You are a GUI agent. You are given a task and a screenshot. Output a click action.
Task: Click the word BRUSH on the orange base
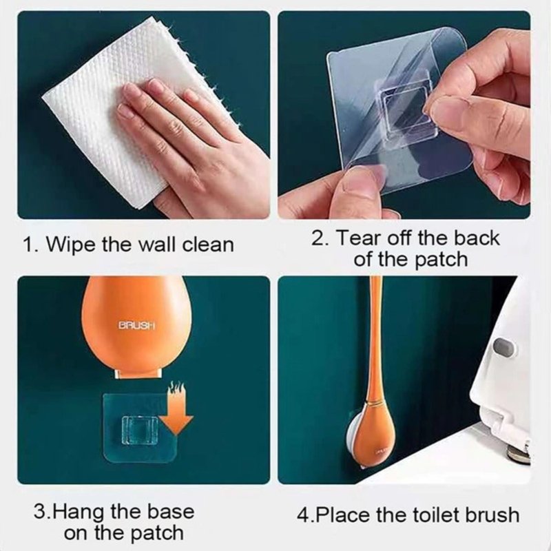click(x=138, y=324)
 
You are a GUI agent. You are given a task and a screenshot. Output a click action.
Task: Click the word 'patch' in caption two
click(x=442, y=260)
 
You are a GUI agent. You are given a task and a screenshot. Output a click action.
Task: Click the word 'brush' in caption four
click(x=494, y=514)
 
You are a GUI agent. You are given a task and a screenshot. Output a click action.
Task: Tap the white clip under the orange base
click(x=138, y=373)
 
